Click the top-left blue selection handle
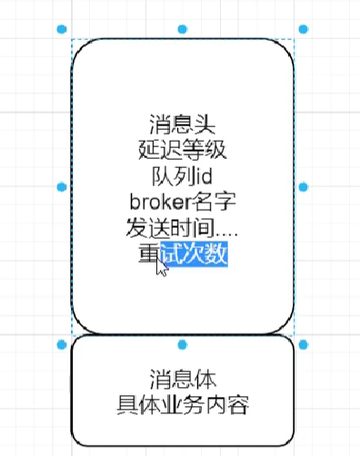(x=61, y=30)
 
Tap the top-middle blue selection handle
(x=182, y=30)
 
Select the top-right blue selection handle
(x=303, y=30)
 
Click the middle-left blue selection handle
(x=61, y=186)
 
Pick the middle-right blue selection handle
(x=303, y=186)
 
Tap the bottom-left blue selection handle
(x=61, y=343)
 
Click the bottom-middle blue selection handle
(x=182, y=343)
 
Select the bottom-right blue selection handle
(x=303, y=343)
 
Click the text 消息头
(x=182, y=124)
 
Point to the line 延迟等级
(x=182, y=149)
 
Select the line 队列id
(x=182, y=175)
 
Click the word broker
(x=160, y=201)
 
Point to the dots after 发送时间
(x=225, y=232)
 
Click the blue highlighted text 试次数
(x=194, y=254)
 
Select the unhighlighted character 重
(x=147, y=254)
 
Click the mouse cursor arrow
(x=161, y=269)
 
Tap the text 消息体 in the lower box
(x=182, y=378)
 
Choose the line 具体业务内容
(x=182, y=404)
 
